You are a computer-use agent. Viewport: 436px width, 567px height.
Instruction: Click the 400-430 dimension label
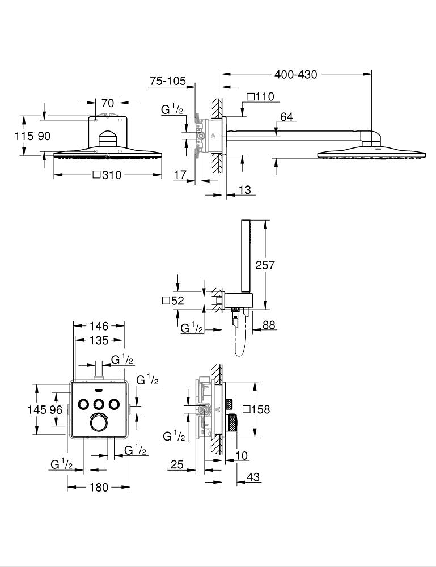[x=296, y=74]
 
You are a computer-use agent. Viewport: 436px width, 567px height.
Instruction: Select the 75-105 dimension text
[x=168, y=82]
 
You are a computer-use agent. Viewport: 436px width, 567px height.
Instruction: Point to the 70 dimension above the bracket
[x=108, y=103]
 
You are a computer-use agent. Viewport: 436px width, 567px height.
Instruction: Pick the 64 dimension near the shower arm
[x=287, y=117]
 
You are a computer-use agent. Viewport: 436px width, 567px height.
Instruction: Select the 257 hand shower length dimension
[x=265, y=265]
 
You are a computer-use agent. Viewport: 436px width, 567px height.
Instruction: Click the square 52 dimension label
[x=173, y=301]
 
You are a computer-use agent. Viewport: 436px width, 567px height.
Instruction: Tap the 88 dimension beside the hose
[x=269, y=325]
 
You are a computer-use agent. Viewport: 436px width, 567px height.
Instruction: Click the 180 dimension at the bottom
[x=99, y=487]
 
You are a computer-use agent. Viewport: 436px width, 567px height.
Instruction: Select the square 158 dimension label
[x=255, y=409]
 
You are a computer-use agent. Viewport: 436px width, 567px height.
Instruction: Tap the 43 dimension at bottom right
[x=253, y=477]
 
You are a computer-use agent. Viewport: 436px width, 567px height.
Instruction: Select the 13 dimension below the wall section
[x=244, y=191]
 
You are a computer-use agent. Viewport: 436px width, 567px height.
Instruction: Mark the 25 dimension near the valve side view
[x=176, y=465]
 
